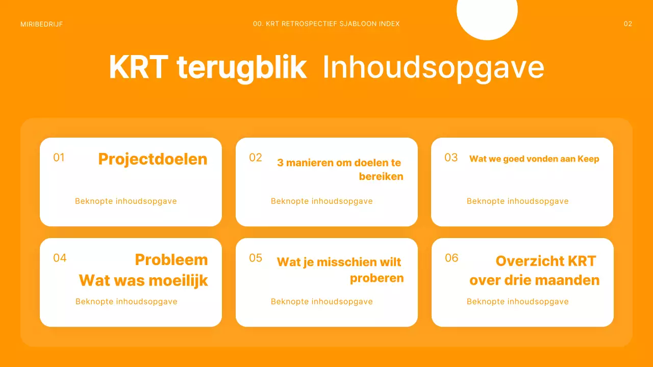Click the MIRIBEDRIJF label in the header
42,24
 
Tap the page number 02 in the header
628,24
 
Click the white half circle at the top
487,17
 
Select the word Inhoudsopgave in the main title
433,68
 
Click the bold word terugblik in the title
241,68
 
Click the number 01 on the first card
59,158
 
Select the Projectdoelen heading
153,159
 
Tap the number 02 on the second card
256,158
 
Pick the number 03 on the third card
451,158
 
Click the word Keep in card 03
588,159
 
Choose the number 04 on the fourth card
60,258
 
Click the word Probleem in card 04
171,260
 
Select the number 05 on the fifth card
256,258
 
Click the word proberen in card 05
376,278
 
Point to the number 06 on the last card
451,258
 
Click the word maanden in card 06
571,280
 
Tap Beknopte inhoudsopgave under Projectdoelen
126,201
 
